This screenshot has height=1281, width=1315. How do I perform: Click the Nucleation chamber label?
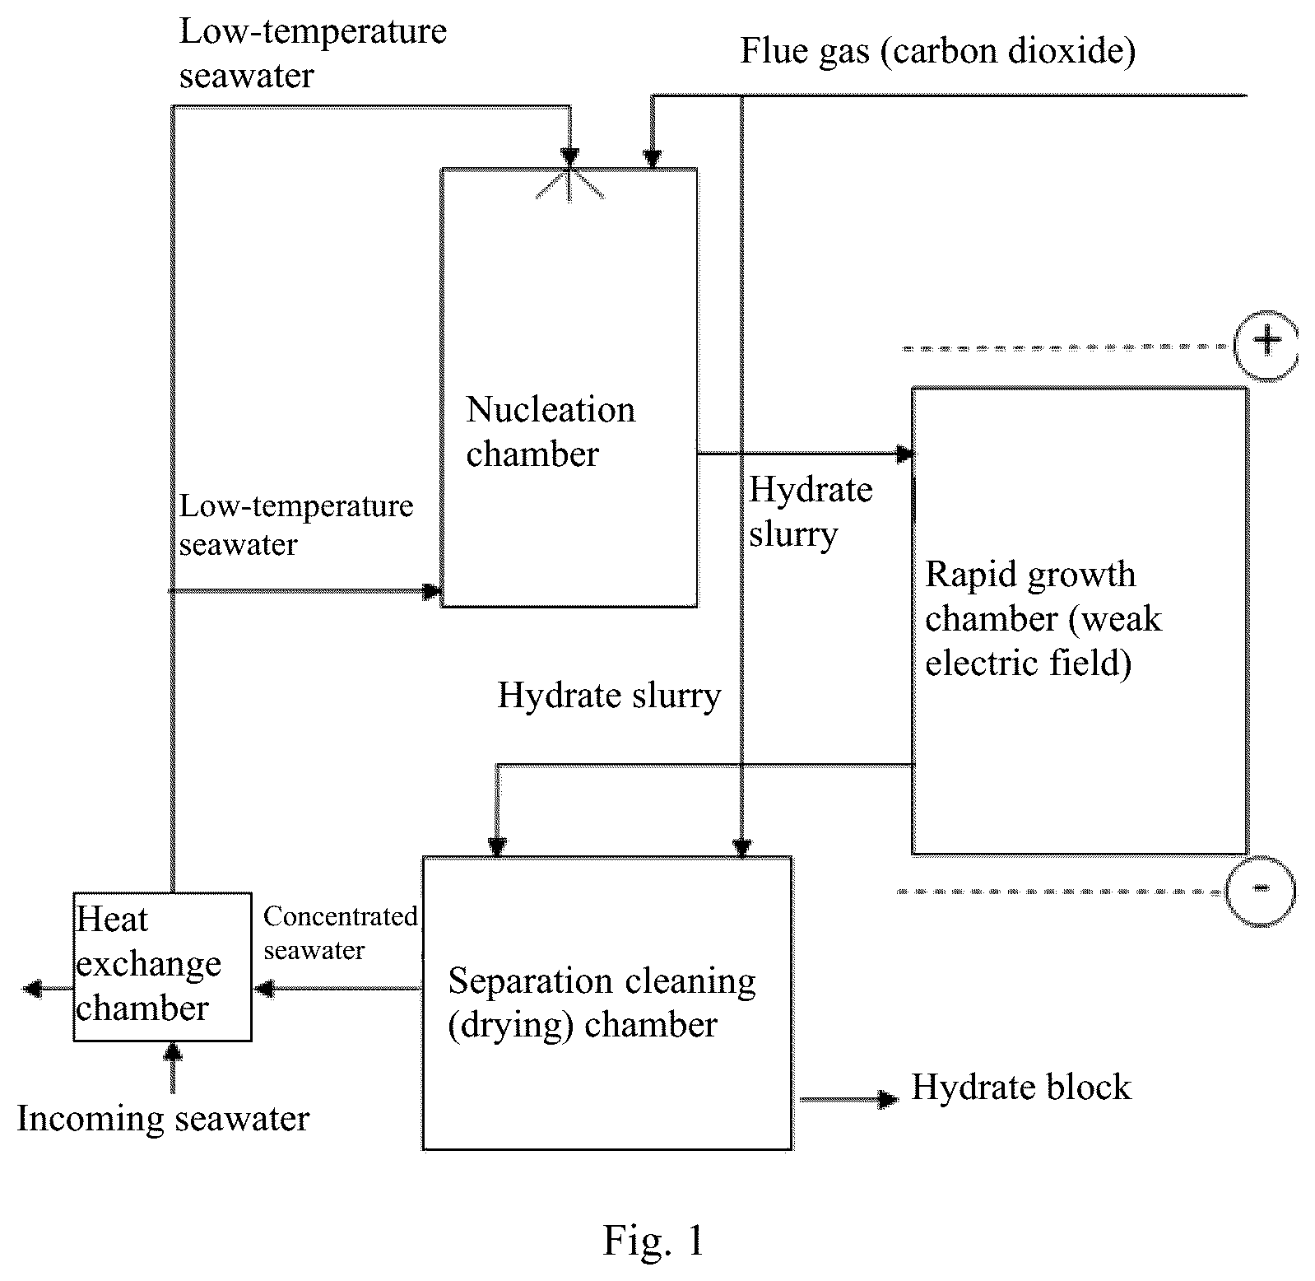coord(551,431)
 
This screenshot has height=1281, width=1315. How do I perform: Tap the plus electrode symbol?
coord(1266,344)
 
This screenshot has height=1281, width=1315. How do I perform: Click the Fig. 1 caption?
coord(654,1240)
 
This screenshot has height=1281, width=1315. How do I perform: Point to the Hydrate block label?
coord(1021,1087)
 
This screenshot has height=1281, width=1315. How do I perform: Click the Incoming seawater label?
coord(163,1119)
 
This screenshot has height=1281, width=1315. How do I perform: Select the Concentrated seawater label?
coord(340,933)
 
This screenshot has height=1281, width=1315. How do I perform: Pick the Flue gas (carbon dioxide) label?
coord(938,51)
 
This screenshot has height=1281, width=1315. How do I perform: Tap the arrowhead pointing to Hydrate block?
coord(887,1099)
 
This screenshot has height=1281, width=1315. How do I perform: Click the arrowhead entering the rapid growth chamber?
coord(904,454)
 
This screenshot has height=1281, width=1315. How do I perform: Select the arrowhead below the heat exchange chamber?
coord(173,1052)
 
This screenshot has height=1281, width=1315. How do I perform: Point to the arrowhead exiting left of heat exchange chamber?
coord(31,988)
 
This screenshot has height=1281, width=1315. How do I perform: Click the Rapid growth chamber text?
coord(1043,618)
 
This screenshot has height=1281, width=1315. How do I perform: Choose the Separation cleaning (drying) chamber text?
coord(602,1003)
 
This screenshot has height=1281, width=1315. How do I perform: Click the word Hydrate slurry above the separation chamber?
coord(609,696)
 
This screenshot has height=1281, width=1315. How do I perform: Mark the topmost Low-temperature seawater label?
coord(313,54)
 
